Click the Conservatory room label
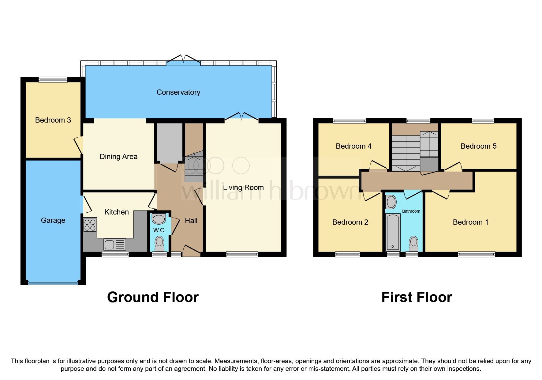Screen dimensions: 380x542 coord(178,92)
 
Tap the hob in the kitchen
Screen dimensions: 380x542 coord(90,225)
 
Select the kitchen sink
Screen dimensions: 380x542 coord(115,244)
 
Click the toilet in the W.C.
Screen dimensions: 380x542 coord(159,242)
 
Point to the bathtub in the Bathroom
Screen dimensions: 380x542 coord(393,232)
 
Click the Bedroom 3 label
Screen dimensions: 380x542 coord(53,120)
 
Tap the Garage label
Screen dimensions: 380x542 coord(53,220)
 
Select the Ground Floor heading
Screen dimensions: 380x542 coord(153,297)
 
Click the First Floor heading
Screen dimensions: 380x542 coord(417,297)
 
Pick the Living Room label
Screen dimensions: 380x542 coord(243,188)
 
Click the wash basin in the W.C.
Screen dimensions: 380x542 coord(159,219)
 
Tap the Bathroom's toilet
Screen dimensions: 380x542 coord(413,242)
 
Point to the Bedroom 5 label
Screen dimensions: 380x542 coord(478,146)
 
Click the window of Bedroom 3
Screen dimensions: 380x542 coord(53,80)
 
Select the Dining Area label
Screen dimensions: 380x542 coord(118,157)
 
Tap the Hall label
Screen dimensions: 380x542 coord(191,221)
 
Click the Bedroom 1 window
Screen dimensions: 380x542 coord(476,254)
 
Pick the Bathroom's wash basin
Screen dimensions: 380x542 coord(391,202)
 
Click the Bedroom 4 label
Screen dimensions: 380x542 coord(353,146)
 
